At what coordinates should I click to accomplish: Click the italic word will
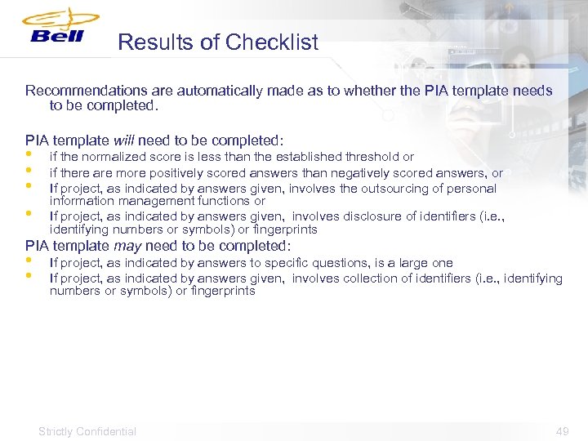[x=123, y=140]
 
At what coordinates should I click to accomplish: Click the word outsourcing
[x=379, y=189]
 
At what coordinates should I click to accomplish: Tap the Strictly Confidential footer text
[x=87, y=431]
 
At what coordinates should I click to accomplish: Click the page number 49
[x=562, y=431]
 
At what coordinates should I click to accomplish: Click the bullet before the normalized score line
[x=29, y=154]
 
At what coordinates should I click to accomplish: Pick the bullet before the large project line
[x=29, y=261]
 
